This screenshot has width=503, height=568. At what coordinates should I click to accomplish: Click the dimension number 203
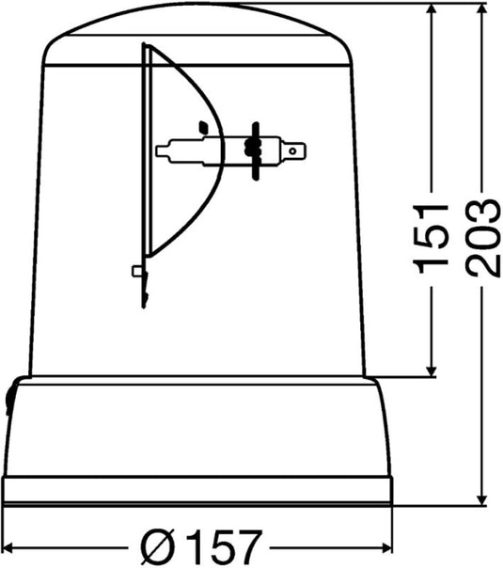[481, 237]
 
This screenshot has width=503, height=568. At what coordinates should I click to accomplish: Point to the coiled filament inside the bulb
[249, 148]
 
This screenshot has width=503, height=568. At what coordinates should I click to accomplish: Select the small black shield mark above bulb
[203, 124]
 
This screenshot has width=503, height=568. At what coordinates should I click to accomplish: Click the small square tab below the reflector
[138, 272]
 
